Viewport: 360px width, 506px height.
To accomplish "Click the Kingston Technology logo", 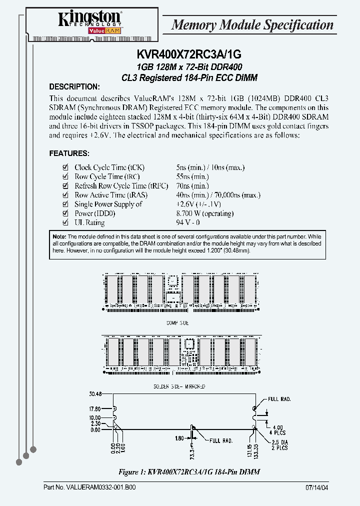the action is [x=89, y=22].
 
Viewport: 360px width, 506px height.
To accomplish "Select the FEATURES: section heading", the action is [x=69, y=153].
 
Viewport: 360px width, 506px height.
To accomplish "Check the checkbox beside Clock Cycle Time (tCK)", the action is [x=64, y=168].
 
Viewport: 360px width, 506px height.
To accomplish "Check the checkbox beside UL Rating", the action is [x=64, y=223].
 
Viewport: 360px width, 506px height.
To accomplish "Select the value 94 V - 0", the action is [x=188, y=223].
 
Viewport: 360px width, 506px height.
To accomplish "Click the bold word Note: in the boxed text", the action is [x=59, y=236].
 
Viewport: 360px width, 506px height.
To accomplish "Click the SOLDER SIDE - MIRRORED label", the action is [x=179, y=386].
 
